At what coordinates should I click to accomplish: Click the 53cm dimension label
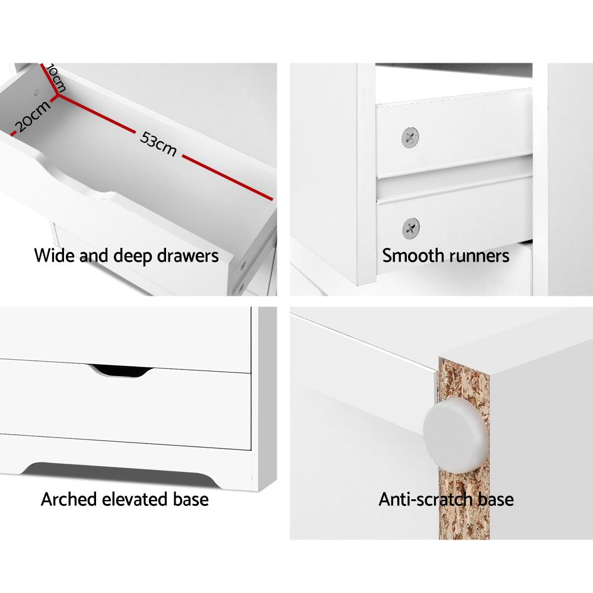click(158, 144)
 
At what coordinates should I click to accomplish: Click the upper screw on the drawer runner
click(410, 138)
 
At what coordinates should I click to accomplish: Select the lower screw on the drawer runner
click(410, 228)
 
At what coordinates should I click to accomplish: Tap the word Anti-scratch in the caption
click(426, 499)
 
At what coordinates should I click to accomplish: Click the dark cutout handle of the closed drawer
click(120, 371)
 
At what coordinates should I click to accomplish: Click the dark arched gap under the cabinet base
click(119, 469)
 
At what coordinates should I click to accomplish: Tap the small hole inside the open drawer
click(37, 93)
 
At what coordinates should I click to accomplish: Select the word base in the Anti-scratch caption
click(495, 499)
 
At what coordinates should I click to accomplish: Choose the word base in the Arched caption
click(190, 499)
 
